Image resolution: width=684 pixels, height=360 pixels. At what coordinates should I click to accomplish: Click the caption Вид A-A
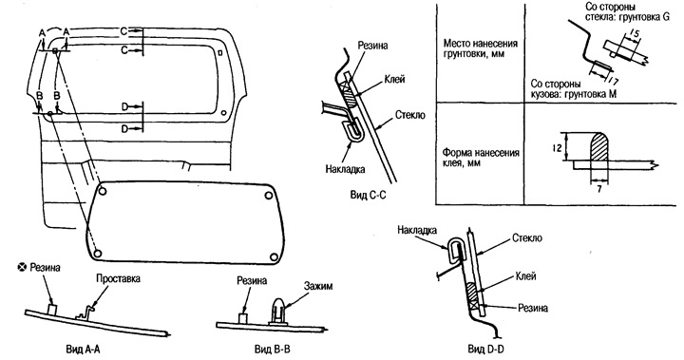82,349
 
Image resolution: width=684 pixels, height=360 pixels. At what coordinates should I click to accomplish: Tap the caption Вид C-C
369,195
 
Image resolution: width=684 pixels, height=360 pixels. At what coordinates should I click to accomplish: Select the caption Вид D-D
486,349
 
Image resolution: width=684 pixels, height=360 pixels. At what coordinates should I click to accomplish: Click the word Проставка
118,278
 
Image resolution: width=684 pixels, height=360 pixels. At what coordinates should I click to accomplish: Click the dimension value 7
599,189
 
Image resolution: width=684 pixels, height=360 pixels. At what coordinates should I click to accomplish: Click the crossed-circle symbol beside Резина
21,268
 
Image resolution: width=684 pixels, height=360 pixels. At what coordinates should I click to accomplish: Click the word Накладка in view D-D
417,231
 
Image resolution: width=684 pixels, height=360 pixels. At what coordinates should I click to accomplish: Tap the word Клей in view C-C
395,79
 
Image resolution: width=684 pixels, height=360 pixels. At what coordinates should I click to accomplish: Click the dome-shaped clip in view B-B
278,310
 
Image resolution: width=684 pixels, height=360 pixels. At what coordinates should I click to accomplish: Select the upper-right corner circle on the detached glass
268,196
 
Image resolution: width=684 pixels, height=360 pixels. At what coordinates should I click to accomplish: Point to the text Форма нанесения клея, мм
481,158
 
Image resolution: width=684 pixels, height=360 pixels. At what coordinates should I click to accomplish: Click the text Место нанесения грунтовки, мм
481,48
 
